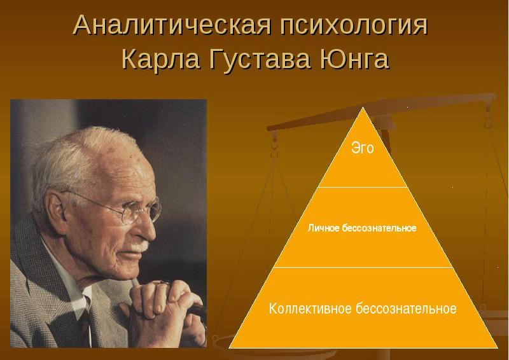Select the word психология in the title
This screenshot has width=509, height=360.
pos(354,26)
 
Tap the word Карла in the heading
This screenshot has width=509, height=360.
pos(161,59)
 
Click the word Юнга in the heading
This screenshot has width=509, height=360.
pos(354,59)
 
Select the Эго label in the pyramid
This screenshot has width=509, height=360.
pos(363,148)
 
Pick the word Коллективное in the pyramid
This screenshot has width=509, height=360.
pos(310,308)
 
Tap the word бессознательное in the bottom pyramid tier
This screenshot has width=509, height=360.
pos(406,308)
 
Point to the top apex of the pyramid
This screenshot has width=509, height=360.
pos(363,107)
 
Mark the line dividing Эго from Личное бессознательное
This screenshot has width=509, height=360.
pos(363,187)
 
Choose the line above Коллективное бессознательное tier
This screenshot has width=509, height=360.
pos(363,268)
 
